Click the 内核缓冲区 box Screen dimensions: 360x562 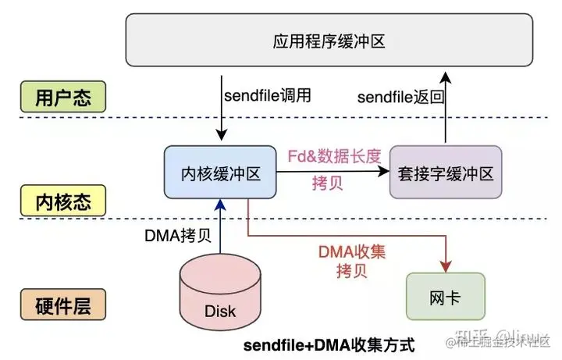(x=220, y=172)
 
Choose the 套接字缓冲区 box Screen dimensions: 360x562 (x=442, y=172)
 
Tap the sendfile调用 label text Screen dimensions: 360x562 (x=268, y=96)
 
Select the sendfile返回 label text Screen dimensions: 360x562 (x=400, y=96)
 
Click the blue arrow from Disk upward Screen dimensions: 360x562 (x=220, y=226)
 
